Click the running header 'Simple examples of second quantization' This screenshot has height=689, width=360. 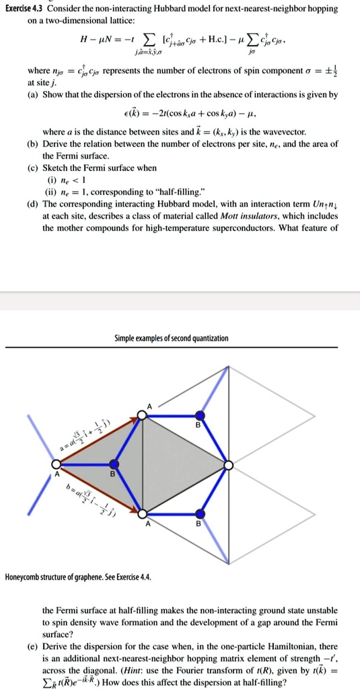(x=180, y=337)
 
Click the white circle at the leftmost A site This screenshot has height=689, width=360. (x=57, y=464)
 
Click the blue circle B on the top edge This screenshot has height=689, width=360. (x=198, y=415)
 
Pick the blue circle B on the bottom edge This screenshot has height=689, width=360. (x=198, y=513)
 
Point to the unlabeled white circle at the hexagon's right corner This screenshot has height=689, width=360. (x=229, y=464)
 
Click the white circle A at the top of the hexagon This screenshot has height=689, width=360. (x=141, y=415)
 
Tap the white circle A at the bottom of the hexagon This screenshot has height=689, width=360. (x=141, y=513)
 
